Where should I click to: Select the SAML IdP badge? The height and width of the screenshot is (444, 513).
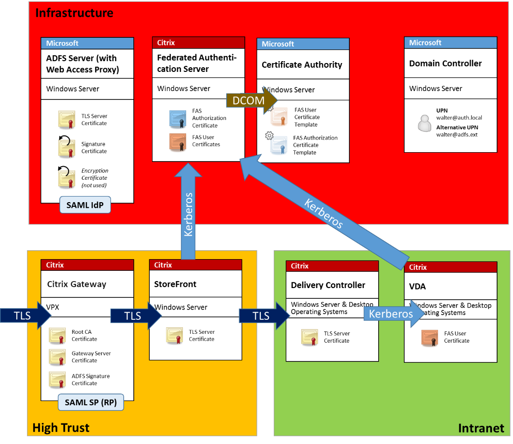pyautogui.click(x=85, y=205)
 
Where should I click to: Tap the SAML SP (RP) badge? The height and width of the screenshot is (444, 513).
pyautogui.click(x=91, y=402)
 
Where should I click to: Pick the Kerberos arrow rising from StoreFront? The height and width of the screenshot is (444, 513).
pyautogui.click(x=188, y=212)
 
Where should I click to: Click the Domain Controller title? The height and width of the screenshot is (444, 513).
pyautogui.click(x=445, y=63)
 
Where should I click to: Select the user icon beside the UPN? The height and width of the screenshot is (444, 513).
pyautogui.click(x=424, y=123)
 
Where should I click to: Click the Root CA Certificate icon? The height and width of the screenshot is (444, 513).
pyautogui.click(x=57, y=336)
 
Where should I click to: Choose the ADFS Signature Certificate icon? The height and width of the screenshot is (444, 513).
pyautogui.click(x=57, y=380)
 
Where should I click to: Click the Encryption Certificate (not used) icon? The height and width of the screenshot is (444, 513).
pyautogui.click(x=66, y=177)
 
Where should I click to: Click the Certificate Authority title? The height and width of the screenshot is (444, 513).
pyautogui.click(x=302, y=65)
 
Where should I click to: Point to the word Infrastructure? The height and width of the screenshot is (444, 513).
pyautogui.click(x=74, y=13)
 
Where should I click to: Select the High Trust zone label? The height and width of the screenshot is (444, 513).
pyautogui.click(x=61, y=427)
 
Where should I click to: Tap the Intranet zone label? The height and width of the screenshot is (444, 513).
pyautogui.click(x=481, y=428)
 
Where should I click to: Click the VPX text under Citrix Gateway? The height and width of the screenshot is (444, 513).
pyautogui.click(x=53, y=307)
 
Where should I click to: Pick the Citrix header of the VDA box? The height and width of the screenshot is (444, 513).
pyautogui.click(x=418, y=267)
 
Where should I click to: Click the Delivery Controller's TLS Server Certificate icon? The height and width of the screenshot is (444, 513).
pyautogui.click(x=310, y=337)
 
